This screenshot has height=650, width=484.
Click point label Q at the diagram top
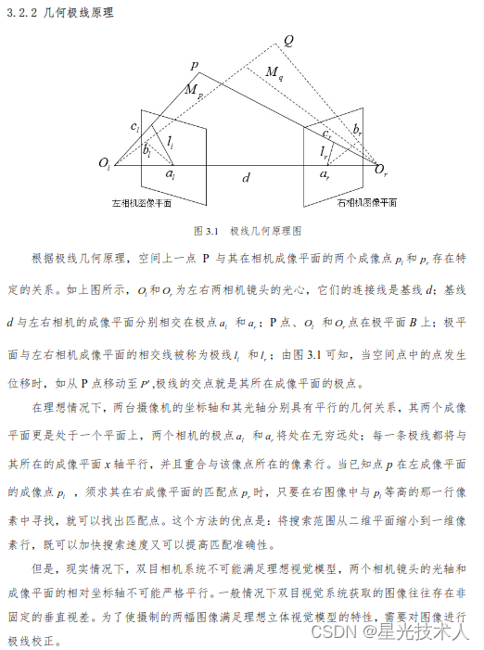(288, 42)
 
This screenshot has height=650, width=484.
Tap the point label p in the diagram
(194, 66)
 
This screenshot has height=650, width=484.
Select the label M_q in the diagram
(275, 73)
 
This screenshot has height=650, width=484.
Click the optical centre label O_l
(105, 165)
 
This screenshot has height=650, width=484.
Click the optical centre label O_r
(381, 169)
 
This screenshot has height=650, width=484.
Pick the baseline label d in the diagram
(246, 176)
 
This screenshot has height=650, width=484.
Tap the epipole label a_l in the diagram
(170, 173)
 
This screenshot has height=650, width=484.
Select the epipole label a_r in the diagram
(324, 173)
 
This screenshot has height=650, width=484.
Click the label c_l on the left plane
(135, 125)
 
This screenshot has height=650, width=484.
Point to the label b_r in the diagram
(358, 128)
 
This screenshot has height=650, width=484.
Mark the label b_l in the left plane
(146, 148)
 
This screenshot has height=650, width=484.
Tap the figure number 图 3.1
(204, 228)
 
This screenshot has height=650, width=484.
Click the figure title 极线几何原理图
(268, 228)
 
